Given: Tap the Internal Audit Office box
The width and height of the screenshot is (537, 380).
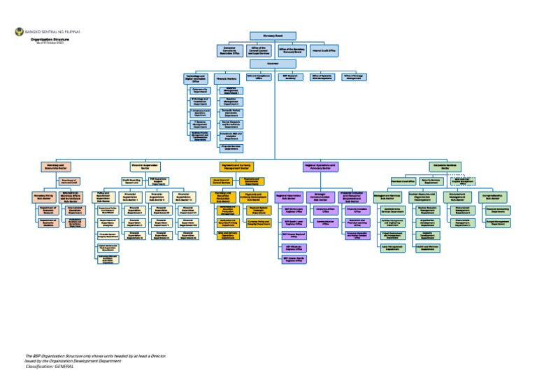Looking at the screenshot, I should point(324,50).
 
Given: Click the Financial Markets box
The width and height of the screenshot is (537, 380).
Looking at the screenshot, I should point(226,80).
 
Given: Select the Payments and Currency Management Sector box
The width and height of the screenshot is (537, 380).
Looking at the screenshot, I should point(235,167).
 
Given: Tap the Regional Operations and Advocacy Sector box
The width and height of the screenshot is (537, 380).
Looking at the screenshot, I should point(321,167).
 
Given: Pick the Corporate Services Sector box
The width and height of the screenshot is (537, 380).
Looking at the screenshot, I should point(448,167).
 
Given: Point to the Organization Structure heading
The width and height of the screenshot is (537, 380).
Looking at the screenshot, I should point(45,40).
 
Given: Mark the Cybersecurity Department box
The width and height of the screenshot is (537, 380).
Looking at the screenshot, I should point(197,90).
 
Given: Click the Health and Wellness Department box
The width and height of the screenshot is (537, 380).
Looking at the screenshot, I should point(431,248).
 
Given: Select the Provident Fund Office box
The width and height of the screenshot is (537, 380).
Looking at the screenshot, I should point(398,181).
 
